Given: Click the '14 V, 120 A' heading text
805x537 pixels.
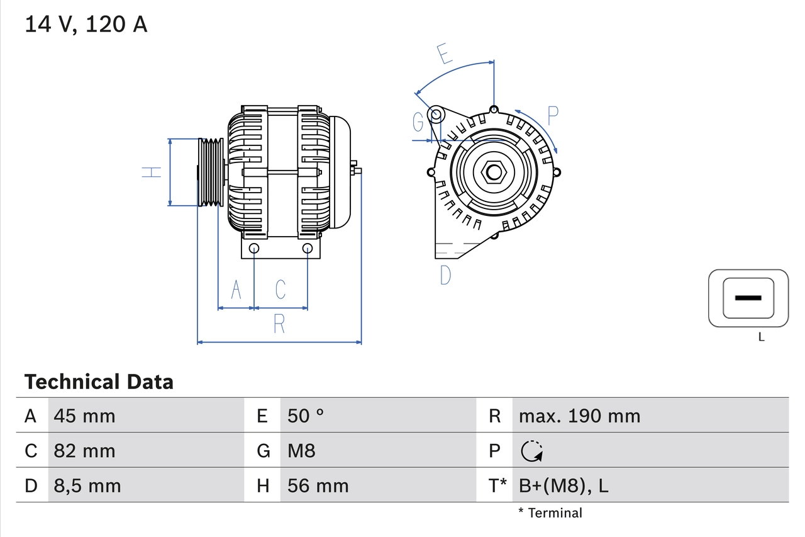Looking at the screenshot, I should coord(86,24).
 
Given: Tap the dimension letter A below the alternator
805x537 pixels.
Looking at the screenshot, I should coord(236,290).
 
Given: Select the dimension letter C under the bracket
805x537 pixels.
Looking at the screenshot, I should coord(280,290).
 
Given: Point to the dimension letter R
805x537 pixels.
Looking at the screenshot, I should coord(279,324).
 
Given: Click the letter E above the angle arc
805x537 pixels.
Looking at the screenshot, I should coord(445,54).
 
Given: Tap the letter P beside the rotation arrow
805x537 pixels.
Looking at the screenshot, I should coord(552,116).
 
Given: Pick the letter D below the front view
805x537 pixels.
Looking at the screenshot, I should coord(445,275).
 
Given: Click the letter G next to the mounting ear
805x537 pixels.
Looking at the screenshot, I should coord(418,122).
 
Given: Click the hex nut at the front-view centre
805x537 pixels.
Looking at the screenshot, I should coord(493,172).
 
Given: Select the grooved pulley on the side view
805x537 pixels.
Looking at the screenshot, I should coord(211,172).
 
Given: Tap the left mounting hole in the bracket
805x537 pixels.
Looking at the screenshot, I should coord(254,248).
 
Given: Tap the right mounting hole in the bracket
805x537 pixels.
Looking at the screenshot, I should coord(307,248).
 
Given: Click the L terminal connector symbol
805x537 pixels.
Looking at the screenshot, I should coord(748,298).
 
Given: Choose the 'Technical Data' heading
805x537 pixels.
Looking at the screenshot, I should coord(99,382).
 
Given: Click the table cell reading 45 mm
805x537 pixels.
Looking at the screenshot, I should coord(84,416).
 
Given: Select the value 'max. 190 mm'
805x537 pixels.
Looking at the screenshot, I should coord(579,416).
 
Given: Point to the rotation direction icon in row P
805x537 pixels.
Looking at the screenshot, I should coord(532,451).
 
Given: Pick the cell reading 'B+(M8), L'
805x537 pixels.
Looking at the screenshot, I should coord(563,486).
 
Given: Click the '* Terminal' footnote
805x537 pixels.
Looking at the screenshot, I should coord(550,513).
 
